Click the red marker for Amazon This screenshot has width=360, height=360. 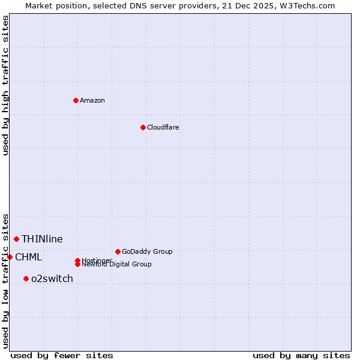pos(76,100)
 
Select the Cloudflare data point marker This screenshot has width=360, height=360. pos(143,127)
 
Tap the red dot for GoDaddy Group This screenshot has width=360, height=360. pos(118,251)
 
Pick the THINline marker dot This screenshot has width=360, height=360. pos(16,239)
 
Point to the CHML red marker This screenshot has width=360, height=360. pos(10,257)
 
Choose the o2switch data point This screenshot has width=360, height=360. pos(26,278)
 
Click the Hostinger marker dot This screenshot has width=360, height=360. pos(77,260)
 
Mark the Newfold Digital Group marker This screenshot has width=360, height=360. pos(77,265)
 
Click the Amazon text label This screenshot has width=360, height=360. pos(92,100)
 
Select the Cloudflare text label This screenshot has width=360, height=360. pos(163,127)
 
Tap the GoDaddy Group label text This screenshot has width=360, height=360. pos(147,251)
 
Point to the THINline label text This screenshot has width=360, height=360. pos(42,239)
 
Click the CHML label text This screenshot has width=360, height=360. pos(28,257)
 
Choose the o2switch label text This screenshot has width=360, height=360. pos(52,278)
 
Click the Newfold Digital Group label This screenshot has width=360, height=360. pos(116,265)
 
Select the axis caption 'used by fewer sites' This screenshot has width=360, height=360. pos(62,355)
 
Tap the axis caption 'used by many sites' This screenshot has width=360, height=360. pos(301,355)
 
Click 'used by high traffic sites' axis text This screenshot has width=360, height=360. pos(5,85)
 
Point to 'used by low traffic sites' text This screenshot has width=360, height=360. pos(5,281)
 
